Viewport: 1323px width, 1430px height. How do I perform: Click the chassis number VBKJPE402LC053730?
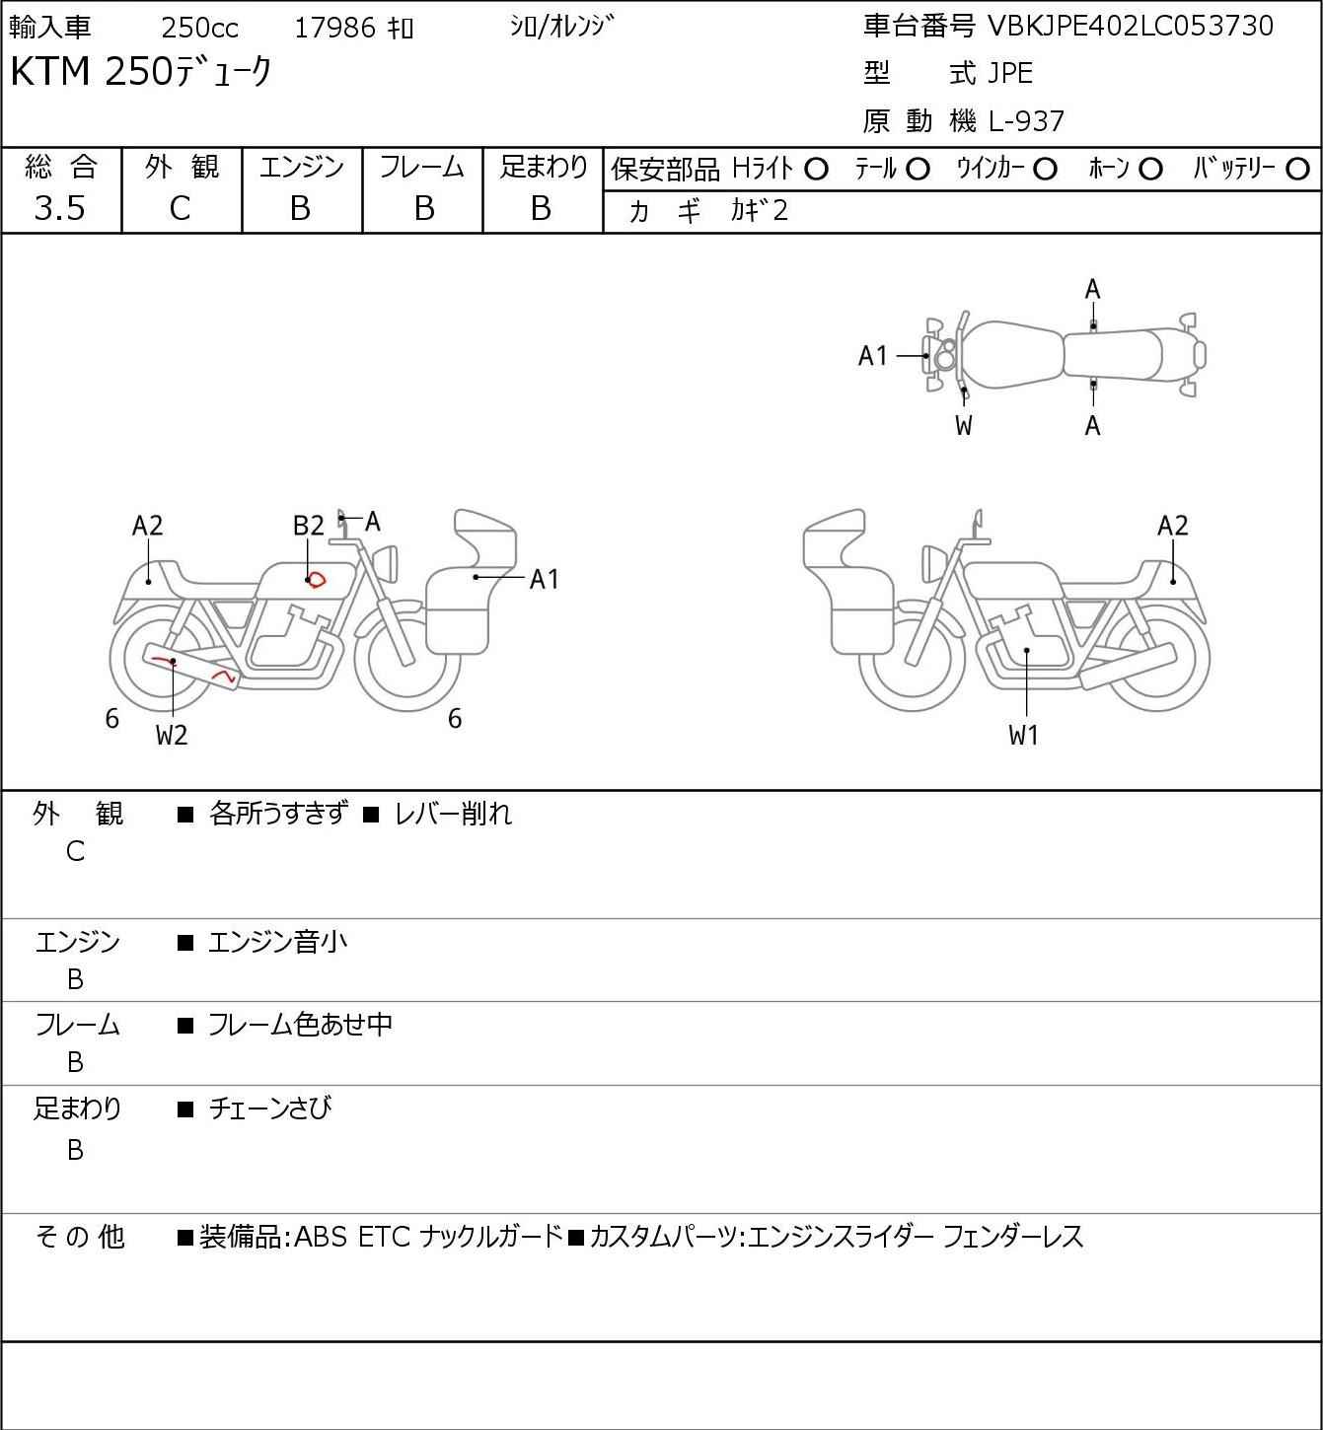(x=1131, y=26)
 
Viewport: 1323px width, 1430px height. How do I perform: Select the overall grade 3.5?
(x=59, y=208)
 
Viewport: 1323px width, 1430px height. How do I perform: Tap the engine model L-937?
(x=1026, y=121)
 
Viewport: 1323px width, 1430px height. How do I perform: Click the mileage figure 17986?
(x=334, y=29)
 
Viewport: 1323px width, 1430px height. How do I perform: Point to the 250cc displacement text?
(x=199, y=29)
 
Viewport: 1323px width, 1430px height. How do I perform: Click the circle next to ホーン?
(x=1150, y=170)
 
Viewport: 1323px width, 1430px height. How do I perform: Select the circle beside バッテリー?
(x=1298, y=170)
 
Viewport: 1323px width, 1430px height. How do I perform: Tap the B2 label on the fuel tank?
(x=308, y=526)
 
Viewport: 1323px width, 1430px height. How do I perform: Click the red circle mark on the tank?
(x=316, y=580)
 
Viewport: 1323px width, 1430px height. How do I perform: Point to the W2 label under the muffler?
(x=172, y=735)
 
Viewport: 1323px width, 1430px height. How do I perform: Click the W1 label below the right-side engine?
(x=1024, y=735)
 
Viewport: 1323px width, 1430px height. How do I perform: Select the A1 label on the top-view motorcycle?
(x=873, y=356)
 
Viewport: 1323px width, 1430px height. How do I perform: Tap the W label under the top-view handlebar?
(x=964, y=426)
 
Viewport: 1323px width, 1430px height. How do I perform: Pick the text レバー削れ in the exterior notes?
(x=453, y=815)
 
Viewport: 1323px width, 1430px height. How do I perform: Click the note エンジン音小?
(x=277, y=943)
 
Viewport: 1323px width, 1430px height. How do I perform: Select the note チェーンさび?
(x=269, y=1108)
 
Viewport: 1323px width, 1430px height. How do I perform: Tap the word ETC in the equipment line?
(x=383, y=1237)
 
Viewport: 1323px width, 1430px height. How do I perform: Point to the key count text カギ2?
(x=759, y=211)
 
